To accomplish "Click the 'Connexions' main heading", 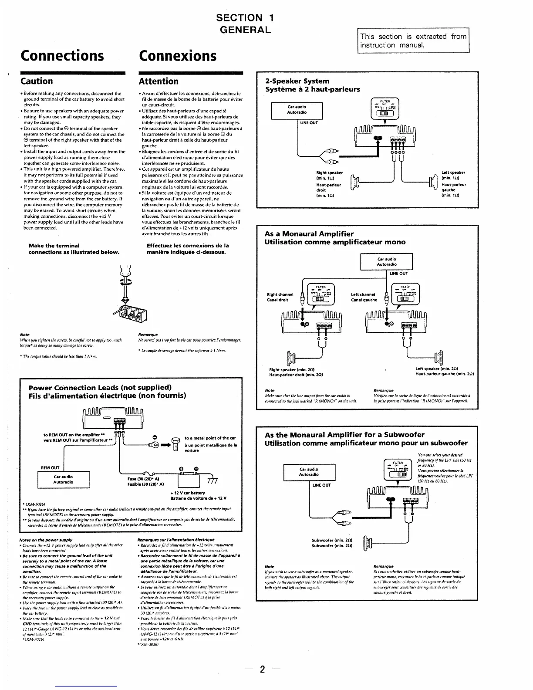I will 177,56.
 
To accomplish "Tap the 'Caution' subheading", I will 37,81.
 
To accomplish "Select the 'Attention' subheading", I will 159,81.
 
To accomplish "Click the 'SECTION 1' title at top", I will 245,18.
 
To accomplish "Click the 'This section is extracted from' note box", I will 413,41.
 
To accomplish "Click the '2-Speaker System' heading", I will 297,81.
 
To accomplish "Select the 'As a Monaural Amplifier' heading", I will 309,234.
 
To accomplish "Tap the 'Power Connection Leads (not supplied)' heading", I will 100,388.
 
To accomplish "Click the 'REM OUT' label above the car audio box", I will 50,468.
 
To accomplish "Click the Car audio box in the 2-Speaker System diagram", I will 297,110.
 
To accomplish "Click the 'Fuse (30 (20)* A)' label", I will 145,478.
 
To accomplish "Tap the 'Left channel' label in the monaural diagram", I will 364,294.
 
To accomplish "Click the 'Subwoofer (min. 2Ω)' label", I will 332,541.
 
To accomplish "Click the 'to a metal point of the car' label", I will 210,438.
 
